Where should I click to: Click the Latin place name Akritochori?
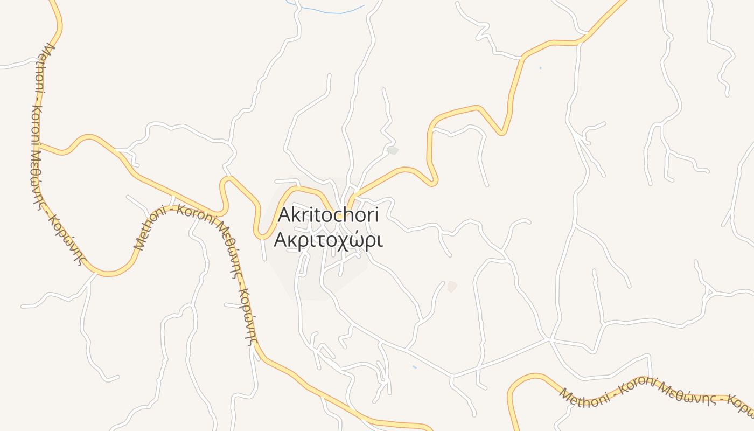(x=328, y=215)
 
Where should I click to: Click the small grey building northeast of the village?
(x=393, y=150)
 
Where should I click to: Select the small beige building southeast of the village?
(x=452, y=287)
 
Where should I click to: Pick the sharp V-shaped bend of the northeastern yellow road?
(x=502, y=132)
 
